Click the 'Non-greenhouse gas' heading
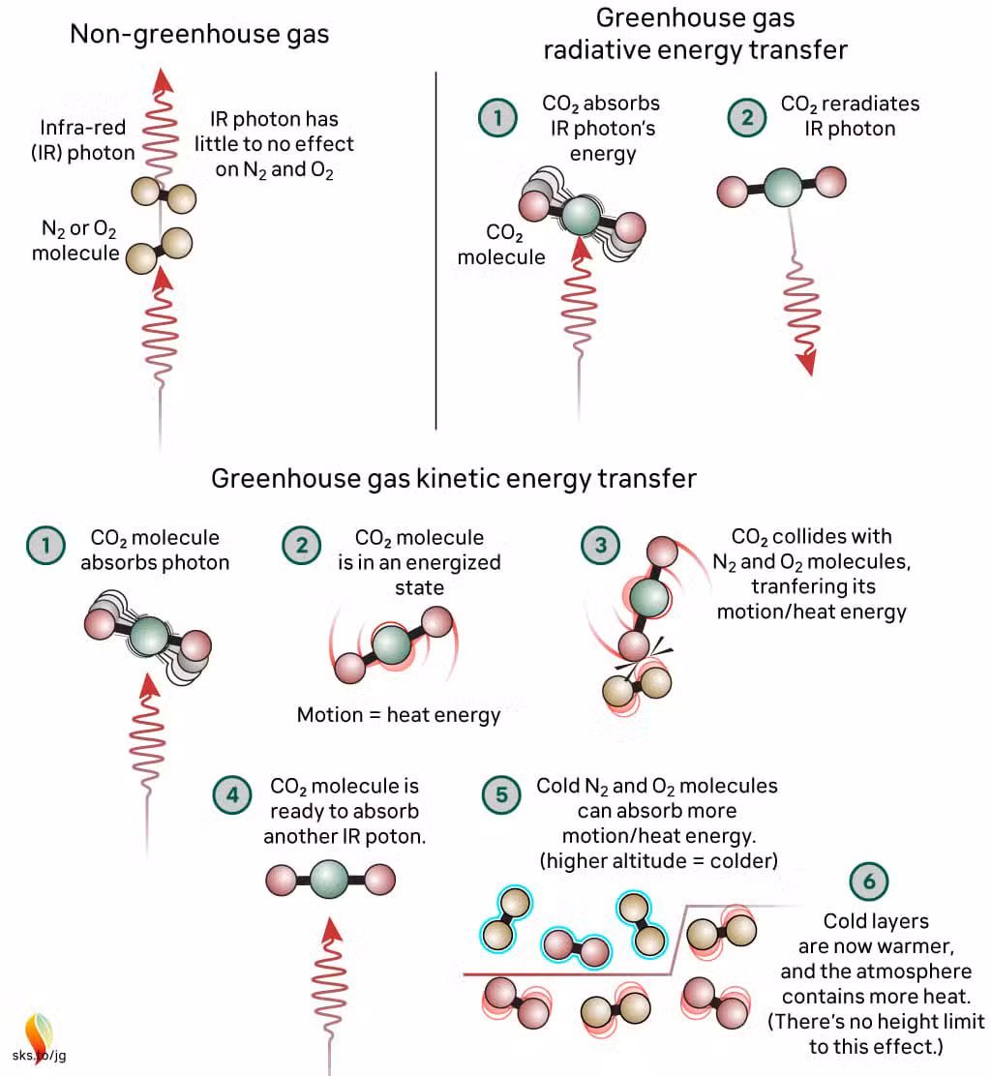coord(199,35)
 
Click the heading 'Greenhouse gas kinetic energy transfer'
coord(454,478)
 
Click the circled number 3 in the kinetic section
coord(600,546)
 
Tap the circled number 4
coord(230,795)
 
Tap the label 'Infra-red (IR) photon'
coord(81,141)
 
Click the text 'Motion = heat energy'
coord(399,715)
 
